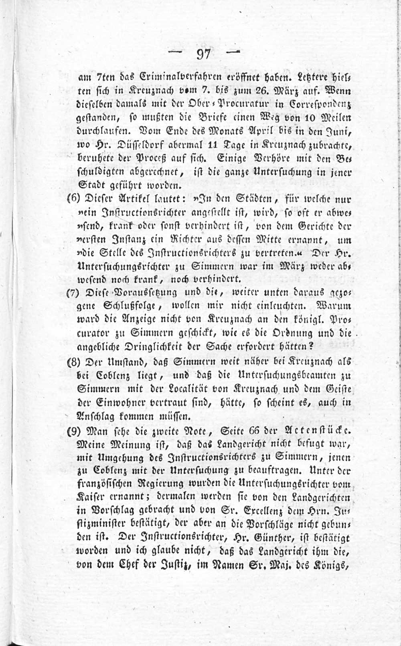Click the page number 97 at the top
(204, 53)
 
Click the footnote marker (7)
(73, 292)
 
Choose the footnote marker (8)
(73, 362)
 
